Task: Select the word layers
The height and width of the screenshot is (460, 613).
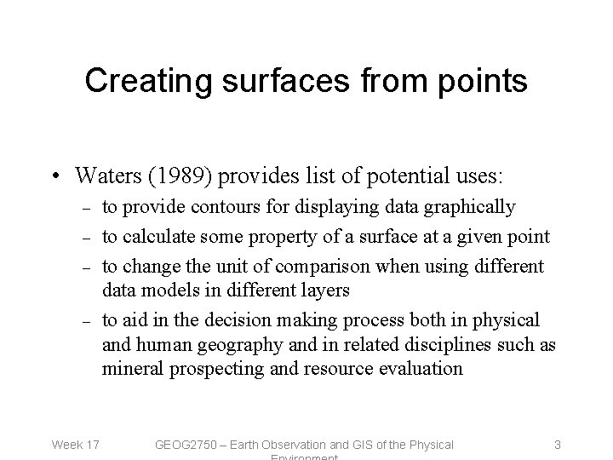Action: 324,290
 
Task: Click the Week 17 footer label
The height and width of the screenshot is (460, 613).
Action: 76,444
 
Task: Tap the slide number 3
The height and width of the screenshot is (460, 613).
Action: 557,444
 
